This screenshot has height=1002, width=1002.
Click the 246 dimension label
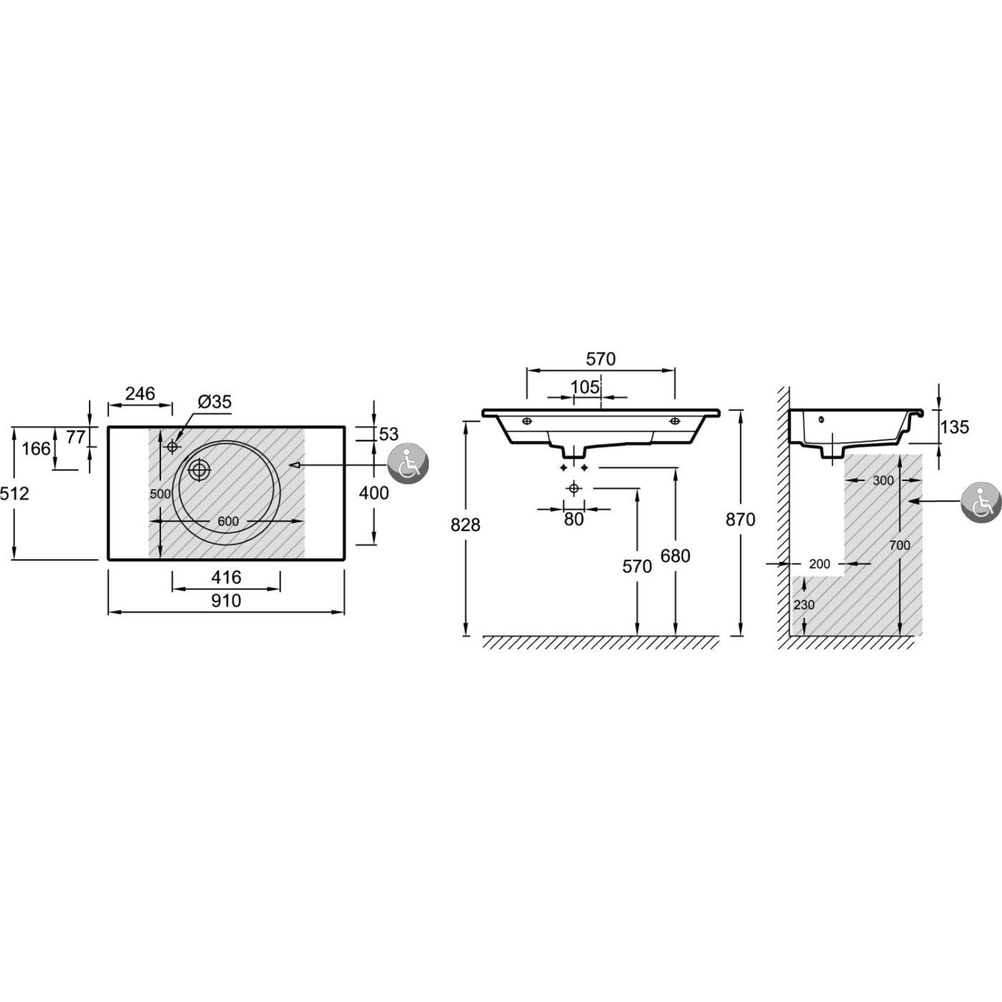[140, 394]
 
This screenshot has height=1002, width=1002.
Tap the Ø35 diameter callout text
[214, 402]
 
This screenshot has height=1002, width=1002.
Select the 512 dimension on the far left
[14, 493]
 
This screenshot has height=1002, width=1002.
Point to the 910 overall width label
[226, 600]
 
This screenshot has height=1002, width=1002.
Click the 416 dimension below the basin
[226, 577]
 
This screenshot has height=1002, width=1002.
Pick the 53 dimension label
[389, 434]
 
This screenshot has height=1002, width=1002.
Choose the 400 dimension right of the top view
[374, 492]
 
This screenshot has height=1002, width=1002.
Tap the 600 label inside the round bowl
[228, 521]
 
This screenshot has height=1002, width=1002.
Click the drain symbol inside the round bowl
[199, 470]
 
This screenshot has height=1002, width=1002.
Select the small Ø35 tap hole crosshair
[172, 447]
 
